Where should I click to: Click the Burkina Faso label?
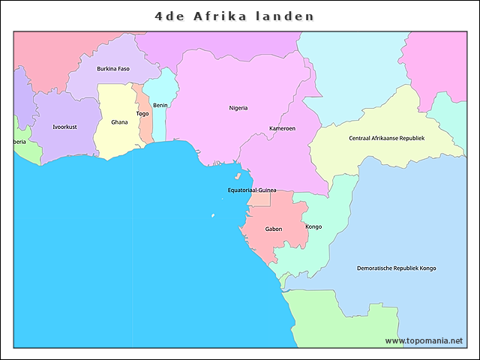[x=113, y=69]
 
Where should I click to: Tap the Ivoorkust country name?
[x=64, y=127]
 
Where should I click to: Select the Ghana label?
[x=119, y=121]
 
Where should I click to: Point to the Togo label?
[x=142, y=114]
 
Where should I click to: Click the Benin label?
[x=160, y=105]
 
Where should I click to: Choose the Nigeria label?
[x=238, y=108]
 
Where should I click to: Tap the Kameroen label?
[x=282, y=128]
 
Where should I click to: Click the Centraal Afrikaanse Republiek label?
[x=386, y=138]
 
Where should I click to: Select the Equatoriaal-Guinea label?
[x=252, y=190]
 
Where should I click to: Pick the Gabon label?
[x=274, y=229]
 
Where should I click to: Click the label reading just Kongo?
[x=313, y=226]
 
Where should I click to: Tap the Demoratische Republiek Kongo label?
[x=396, y=268]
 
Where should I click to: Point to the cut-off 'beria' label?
[x=19, y=142]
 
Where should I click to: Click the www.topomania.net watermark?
[x=424, y=340]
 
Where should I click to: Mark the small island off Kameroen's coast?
[x=238, y=178]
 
